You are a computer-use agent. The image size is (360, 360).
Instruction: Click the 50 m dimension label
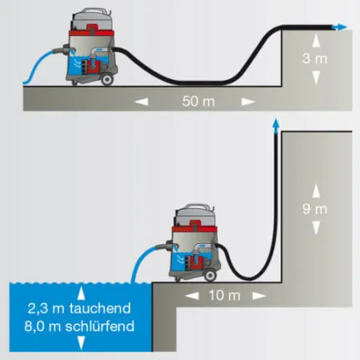(198, 102)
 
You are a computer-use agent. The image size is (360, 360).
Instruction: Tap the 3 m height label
(315, 58)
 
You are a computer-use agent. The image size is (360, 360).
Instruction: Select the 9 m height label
(315, 209)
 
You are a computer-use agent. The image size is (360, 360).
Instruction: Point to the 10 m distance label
(225, 295)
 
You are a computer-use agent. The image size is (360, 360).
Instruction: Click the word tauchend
(100, 308)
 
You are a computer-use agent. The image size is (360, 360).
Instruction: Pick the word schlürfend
(100, 326)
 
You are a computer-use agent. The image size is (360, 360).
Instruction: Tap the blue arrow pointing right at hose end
(339, 27)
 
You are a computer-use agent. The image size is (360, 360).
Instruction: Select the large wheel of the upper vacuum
(107, 79)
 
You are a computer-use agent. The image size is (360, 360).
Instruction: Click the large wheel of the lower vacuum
(210, 275)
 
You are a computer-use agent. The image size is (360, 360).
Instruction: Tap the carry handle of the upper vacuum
(92, 12)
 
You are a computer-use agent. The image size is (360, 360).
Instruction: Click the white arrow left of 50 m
(142, 102)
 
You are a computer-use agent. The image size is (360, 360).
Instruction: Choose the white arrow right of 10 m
(259, 296)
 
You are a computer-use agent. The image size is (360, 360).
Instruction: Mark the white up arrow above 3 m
(316, 41)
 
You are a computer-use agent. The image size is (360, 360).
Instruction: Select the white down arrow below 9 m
(316, 228)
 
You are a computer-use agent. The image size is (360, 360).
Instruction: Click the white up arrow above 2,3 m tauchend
(81, 293)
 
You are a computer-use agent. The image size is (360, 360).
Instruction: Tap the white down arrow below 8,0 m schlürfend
(81, 342)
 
